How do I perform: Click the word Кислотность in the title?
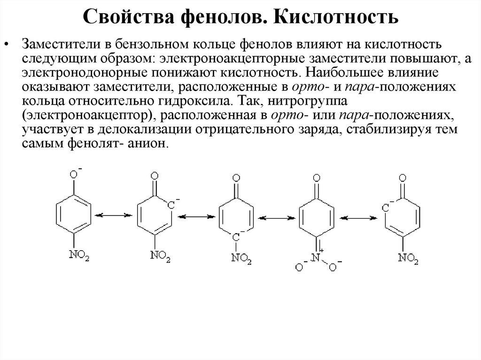coord(337,18)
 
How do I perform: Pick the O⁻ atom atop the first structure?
coord(74,175)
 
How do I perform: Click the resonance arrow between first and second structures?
coord(112,215)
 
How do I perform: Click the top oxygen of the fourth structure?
coord(317,178)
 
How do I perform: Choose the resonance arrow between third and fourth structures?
coord(276,218)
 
